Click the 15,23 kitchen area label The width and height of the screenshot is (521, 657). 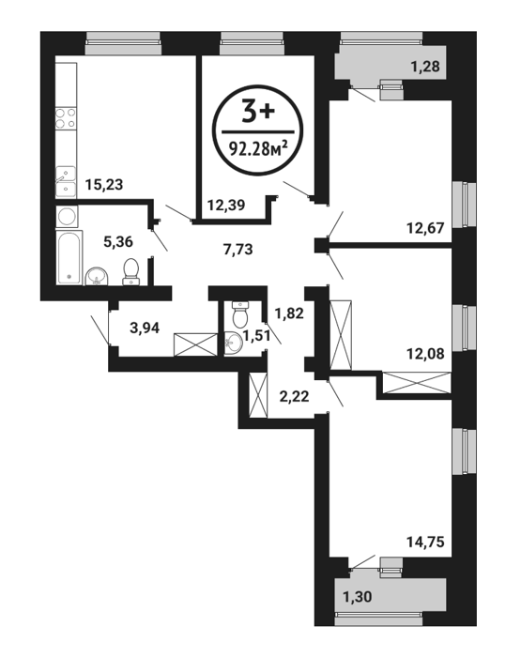pos(104,184)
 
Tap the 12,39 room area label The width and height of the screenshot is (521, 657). pos(226,206)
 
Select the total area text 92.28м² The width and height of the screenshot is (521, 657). pos(258,148)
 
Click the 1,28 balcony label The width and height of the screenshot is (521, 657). pos(425,67)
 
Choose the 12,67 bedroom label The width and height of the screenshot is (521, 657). pos(425,228)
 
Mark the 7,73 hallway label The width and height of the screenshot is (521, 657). pos(238,250)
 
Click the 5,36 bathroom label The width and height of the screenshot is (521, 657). pos(118,241)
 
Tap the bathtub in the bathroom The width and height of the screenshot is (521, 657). pos(69,257)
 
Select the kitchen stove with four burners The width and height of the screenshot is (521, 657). pos(67,117)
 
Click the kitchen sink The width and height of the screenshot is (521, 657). pos(67,182)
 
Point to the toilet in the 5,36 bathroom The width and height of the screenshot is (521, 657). pos(131,271)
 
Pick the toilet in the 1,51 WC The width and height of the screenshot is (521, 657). pos(241,314)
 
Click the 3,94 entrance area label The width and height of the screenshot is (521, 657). pos(145,328)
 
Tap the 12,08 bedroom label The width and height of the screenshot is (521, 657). pos(425,354)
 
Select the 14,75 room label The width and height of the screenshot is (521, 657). pos(425,542)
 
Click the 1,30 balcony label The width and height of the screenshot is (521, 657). pos(357,596)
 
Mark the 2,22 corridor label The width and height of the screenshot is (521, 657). pos(294,396)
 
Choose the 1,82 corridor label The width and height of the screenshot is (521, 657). pos(289,313)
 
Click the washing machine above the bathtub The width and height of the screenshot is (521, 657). pos(67,217)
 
